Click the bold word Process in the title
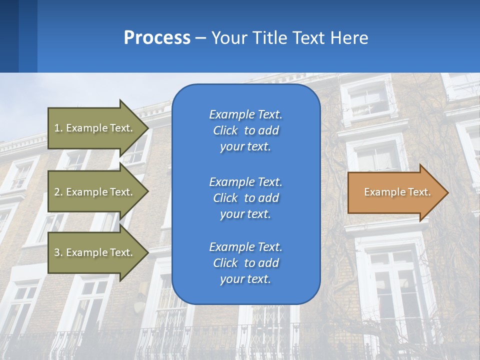(157, 38)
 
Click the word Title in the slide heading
(267, 38)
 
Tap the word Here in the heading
(349, 38)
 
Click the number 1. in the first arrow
(58, 128)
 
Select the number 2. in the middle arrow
(58, 192)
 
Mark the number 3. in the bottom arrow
(58, 252)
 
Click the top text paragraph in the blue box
(245, 130)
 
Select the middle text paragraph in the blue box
(245, 198)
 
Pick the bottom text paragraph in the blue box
(245, 263)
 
